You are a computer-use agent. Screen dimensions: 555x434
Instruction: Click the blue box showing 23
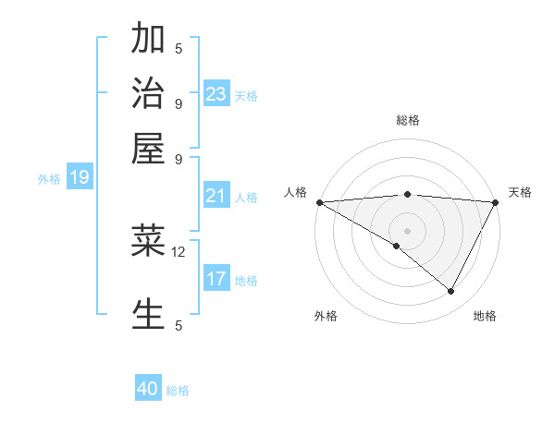(x=216, y=94)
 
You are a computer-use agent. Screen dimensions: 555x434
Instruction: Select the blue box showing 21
(x=216, y=196)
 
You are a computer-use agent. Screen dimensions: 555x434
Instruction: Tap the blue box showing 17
(x=216, y=279)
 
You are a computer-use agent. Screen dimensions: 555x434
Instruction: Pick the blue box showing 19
(x=79, y=178)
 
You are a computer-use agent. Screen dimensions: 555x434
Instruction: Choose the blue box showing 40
(x=148, y=389)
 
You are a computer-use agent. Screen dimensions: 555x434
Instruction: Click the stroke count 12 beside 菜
(x=179, y=251)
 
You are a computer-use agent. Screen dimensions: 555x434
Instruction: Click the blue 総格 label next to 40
(x=179, y=391)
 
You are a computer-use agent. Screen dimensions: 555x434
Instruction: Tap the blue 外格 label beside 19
(x=49, y=179)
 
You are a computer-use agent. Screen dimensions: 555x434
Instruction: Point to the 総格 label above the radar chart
(x=408, y=120)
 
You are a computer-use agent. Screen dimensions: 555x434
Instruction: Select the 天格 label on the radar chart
(x=520, y=192)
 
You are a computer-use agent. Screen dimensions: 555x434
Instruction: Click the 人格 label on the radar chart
(x=296, y=192)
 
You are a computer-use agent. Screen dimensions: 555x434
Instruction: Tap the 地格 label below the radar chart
(x=485, y=316)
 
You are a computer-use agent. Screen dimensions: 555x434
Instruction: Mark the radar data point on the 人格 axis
(x=319, y=201)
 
